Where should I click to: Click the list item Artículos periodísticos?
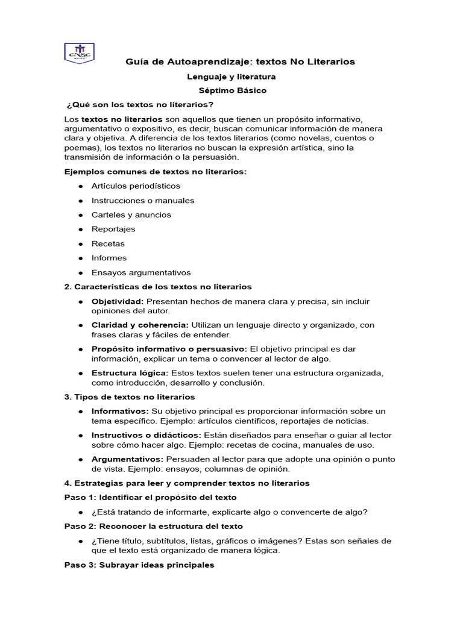[x=136, y=186]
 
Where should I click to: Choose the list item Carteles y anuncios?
[x=131, y=215]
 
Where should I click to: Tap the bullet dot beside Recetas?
[x=80, y=244]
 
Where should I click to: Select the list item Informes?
[x=109, y=258]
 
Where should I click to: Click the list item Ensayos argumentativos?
[x=140, y=272]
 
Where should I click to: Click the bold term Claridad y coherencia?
[x=140, y=325]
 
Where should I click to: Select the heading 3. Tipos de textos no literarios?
[x=130, y=397]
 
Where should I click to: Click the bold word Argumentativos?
[x=127, y=459]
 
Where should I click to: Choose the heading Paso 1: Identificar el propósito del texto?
[x=150, y=498]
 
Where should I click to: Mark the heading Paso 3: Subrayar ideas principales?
[x=139, y=565]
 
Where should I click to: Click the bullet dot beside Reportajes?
[x=80, y=230]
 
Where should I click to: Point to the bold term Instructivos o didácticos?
[x=146, y=435]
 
